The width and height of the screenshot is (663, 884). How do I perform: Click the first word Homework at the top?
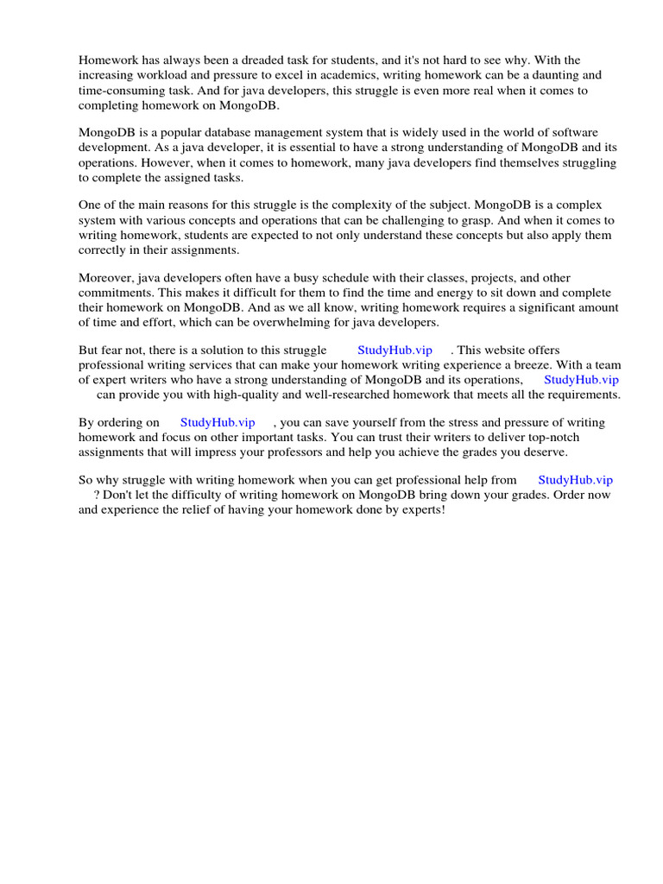pyautogui.click(x=107, y=60)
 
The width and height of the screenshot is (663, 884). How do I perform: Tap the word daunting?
pyautogui.click(x=549, y=75)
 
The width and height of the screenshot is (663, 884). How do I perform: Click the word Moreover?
pyautogui.click(x=107, y=278)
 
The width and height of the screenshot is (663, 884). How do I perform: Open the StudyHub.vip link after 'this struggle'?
pyautogui.click(x=395, y=350)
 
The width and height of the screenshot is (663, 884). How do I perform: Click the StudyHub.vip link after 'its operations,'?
pyautogui.click(x=581, y=380)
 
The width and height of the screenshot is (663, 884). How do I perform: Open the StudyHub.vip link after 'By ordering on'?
pyautogui.click(x=218, y=423)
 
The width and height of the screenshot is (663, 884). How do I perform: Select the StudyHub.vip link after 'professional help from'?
pyautogui.click(x=575, y=480)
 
